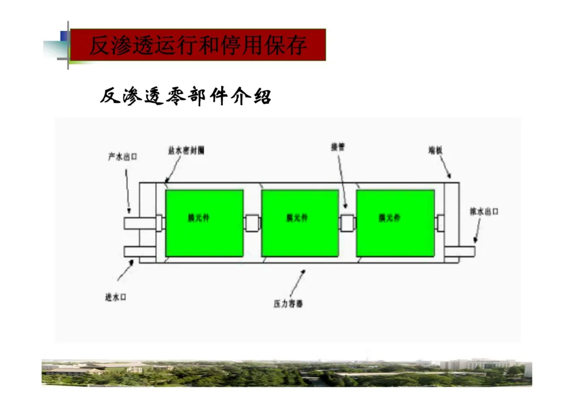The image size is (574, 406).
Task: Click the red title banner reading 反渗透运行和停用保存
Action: click(198, 45)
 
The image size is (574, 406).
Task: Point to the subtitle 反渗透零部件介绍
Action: click(185, 97)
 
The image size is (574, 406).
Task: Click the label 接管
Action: click(338, 147)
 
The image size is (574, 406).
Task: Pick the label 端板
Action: click(435, 151)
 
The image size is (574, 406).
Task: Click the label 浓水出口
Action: click(484, 212)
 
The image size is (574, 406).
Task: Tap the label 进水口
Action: click(115, 297)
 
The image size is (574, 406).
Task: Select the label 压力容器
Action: click(288, 304)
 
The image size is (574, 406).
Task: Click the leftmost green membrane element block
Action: click(205, 223)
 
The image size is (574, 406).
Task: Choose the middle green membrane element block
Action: click(300, 223)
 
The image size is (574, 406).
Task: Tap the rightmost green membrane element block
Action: click(395, 223)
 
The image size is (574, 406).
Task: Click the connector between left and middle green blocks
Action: click(252, 223)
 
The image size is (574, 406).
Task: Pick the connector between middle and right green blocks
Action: click(347, 223)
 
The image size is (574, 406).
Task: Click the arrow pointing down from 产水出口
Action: click(128, 191)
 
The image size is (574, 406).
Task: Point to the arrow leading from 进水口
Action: click(125, 270)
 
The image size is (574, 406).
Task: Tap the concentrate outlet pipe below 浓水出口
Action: click(460, 251)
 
